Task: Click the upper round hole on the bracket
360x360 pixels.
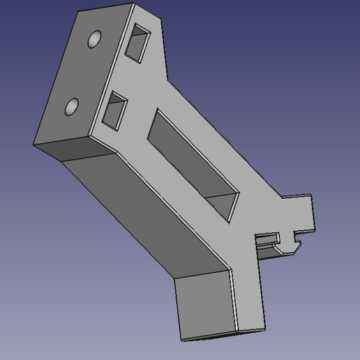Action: [94, 40]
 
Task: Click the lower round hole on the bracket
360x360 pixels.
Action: [72, 107]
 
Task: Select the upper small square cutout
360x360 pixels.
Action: [140, 41]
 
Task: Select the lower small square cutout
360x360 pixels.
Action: [116, 110]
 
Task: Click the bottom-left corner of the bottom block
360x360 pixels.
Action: [181, 340]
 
